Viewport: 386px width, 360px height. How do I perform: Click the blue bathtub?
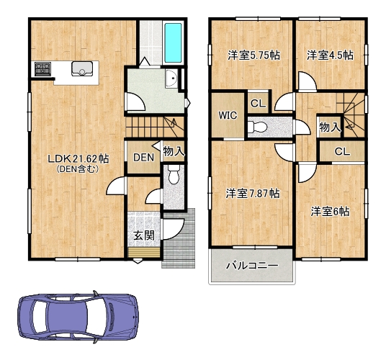[174, 42]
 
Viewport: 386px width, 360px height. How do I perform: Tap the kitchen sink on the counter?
[82, 68]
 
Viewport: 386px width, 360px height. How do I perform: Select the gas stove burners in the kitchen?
[42, 68]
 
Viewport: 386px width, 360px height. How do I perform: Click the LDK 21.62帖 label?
[78, 159]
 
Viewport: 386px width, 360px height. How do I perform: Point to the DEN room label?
[144, 158]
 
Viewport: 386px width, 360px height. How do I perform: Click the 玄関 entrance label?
[144, 235]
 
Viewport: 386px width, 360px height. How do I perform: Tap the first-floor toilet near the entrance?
[174, 174]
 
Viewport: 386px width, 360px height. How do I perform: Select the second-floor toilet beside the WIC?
[258, 127]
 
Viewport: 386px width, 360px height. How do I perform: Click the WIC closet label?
[228, 115]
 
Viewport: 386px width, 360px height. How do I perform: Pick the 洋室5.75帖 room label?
[253, 55]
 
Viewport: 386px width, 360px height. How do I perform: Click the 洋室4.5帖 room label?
[330, 55]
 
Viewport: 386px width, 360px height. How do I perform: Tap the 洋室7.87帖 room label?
[253, 194]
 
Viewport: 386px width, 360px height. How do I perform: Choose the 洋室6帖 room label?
[330, 212]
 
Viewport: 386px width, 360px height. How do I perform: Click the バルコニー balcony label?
[252, 266]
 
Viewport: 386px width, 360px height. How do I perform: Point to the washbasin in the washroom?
[171, 78]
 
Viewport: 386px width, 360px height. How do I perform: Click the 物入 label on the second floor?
[330, 127]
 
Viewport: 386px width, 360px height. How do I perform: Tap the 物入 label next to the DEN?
[174, 151]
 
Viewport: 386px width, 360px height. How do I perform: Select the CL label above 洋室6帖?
[342, 152]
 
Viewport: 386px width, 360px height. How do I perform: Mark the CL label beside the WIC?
[259, 103]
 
